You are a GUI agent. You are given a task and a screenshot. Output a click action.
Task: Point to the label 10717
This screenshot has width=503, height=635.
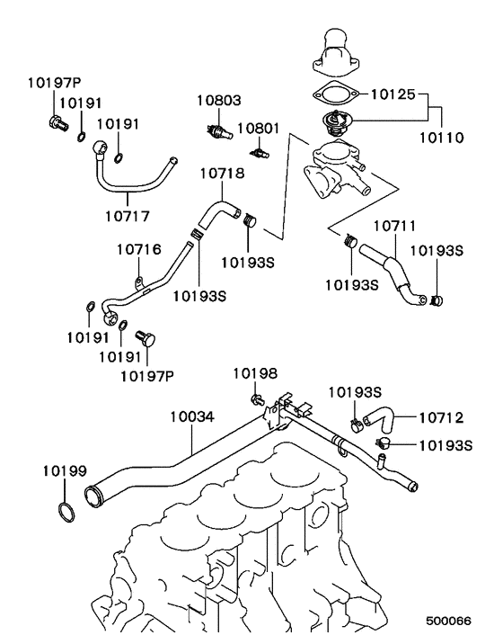(x=128, y=216)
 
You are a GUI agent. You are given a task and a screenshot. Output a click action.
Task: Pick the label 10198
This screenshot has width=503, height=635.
(x=255, y=373)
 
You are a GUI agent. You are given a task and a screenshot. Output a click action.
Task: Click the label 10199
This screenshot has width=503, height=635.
(x=63, y=470)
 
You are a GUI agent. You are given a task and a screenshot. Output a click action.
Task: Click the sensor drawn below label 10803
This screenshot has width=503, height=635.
(x=218, y=130)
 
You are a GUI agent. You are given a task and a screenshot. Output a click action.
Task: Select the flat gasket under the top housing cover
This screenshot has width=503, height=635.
(x=333, y=92)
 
